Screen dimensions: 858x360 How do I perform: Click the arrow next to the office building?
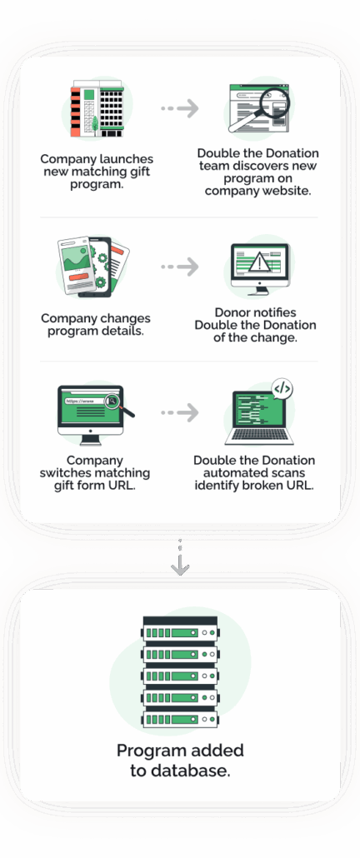pyautogui.click(x=180, y=108)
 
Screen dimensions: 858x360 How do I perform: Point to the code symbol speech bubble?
pyautogui.click(x=282, y=388)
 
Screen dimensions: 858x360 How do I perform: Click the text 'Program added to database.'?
pyautogui.click(x=180, y=761)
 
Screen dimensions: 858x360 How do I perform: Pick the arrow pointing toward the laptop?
pyautogui.click(x=180, y=412)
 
